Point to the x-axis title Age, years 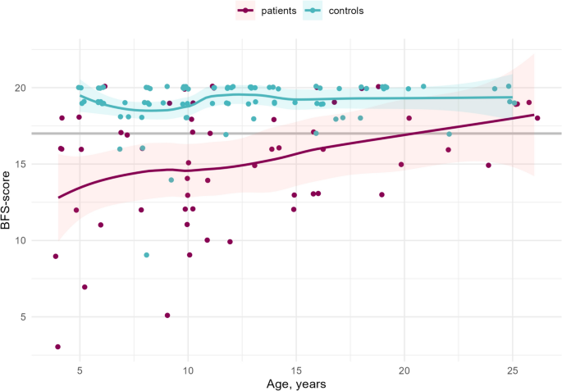coord(295,383)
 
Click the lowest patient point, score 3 coord(57,347)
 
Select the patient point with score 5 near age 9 coord(167,316)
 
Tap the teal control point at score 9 coord(146,255)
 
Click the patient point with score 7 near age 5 coord(85,287)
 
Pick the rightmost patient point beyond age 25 coord(537,118)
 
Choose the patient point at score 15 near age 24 coord(488,165)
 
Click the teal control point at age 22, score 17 coord(449,134)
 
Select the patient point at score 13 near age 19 coord(382,195)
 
